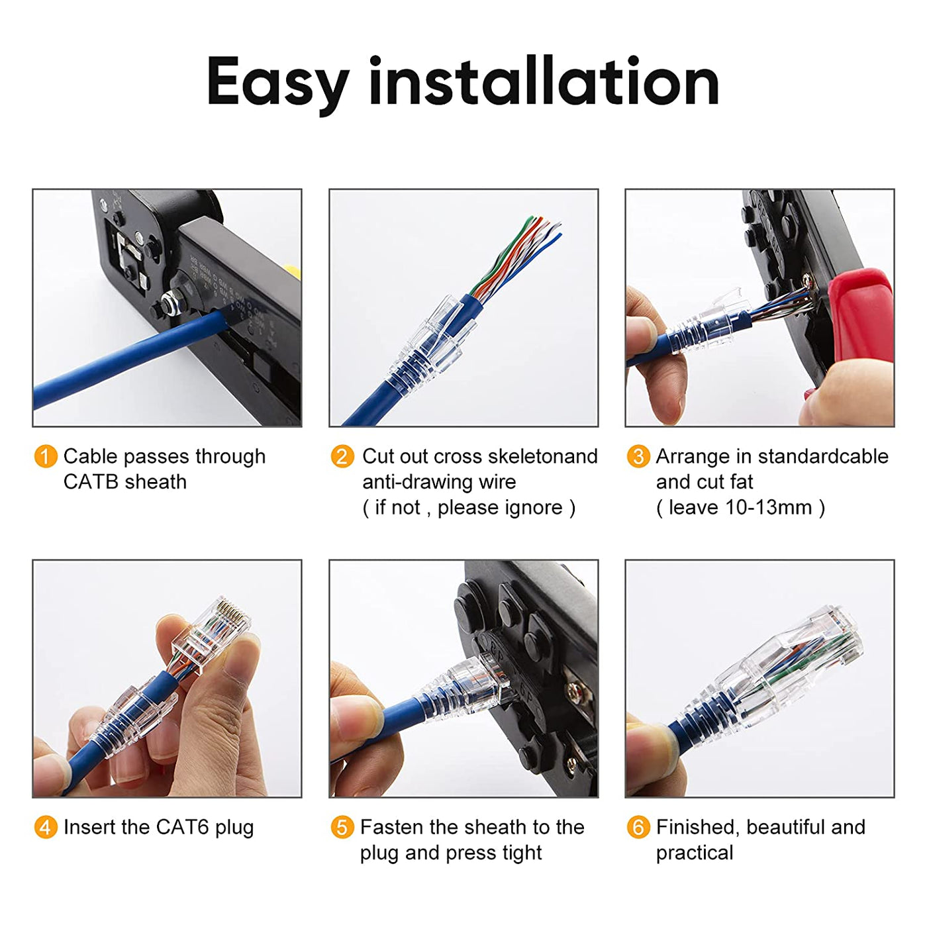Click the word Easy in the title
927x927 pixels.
[277, 82]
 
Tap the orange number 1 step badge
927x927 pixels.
[45, 456]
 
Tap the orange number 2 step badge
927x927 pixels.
[342, 456]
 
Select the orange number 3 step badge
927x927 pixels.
[638, 456]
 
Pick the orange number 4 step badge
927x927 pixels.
[45, 827]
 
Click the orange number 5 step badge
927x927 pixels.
[342, 827]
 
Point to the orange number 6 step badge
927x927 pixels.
[638, 827]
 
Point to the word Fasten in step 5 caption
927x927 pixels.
[391, 827]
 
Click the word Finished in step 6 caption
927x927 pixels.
[696, 827]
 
